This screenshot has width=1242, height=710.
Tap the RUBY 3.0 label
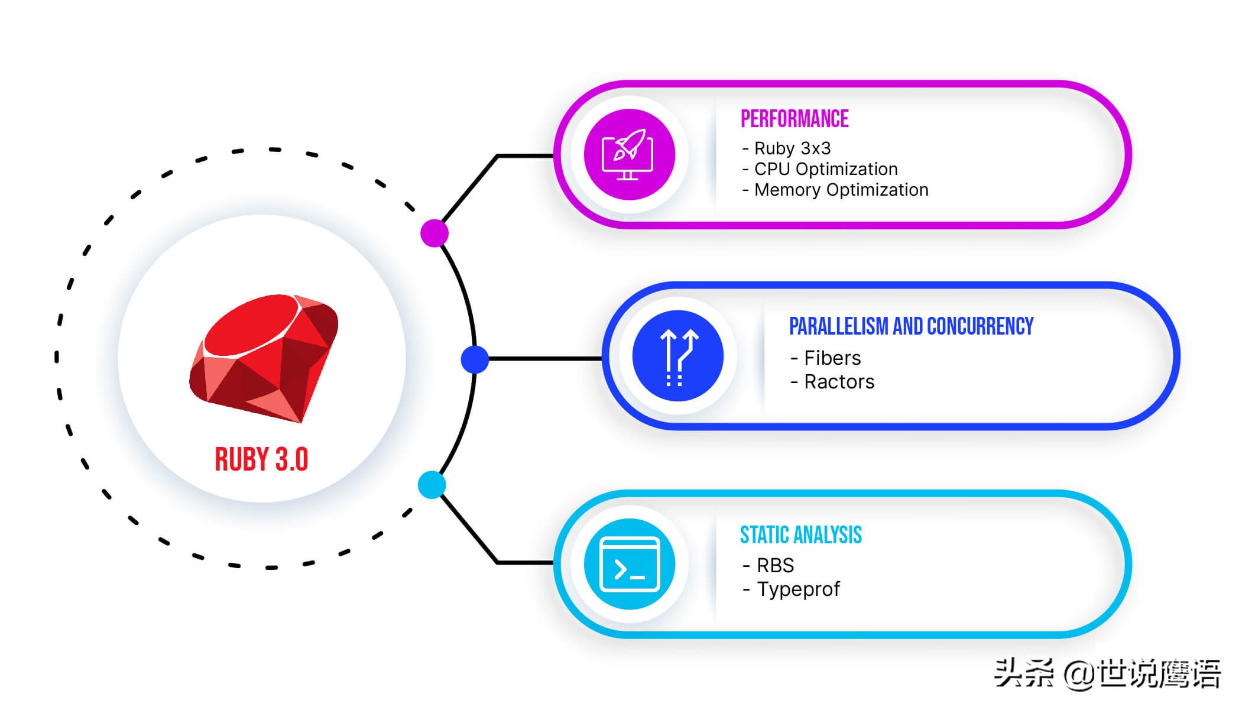(261, 459)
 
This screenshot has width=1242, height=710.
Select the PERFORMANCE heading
(795, 119)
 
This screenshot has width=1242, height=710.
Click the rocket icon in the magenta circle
(628, 154)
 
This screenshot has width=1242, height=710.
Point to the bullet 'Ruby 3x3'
(786, 148)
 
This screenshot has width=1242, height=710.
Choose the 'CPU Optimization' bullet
(820, 169)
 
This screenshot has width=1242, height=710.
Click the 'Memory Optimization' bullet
(835, 190)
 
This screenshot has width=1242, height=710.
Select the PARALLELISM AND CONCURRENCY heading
(911, 326)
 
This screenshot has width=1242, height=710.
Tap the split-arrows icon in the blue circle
(678, 356)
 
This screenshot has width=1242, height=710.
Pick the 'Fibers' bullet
(826, 358)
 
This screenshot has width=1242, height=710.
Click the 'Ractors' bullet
(832, 382)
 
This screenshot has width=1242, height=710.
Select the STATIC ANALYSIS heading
(801, 535)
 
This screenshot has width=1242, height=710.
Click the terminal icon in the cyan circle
(630, 564)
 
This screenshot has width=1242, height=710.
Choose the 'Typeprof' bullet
(792, 590)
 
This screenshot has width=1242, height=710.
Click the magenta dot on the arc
(434, 233)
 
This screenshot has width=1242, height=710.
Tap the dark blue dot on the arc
(475, 359)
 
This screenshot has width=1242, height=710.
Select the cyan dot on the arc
(432, 485)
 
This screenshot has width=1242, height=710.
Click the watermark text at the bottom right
(1107, 673)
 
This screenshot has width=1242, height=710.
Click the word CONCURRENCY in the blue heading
(980, 326)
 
